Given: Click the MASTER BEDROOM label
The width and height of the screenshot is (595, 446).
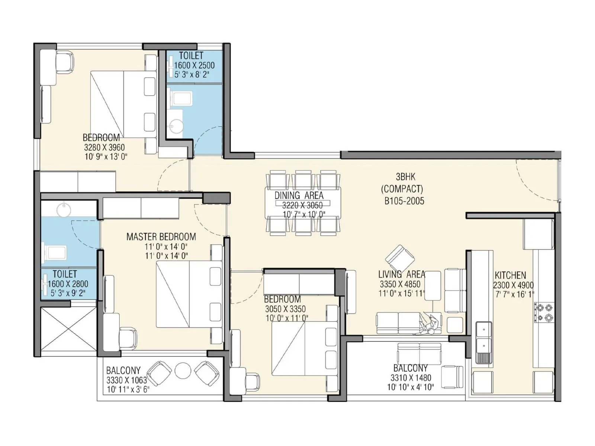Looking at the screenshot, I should (x=161, y=237).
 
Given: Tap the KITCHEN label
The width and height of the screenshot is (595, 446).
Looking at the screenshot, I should (x=510, y=275).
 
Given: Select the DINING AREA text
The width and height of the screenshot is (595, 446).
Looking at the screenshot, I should (x=299, y=195).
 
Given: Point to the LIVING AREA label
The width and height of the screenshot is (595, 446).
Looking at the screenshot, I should (x=401, y=275).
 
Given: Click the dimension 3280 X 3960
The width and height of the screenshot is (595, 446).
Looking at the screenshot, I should (x=104, y=147).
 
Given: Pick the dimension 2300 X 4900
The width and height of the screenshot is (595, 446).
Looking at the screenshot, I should (x=513, y=285).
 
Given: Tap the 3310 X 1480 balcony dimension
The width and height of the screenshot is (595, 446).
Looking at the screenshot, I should (x=411, y=378).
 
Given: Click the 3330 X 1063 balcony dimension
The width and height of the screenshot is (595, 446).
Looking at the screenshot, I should (x=126, y=380).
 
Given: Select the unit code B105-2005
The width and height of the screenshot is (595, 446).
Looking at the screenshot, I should (x=404, y=201).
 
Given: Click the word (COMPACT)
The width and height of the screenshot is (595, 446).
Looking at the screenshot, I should (x=402, y=189).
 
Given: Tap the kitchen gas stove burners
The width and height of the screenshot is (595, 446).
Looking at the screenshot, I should (x=544, y=312).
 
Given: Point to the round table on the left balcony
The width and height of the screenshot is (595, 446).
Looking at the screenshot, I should (x=183, y=370).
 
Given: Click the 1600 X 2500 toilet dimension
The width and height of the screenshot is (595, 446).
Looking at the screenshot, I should (x=194, y=65).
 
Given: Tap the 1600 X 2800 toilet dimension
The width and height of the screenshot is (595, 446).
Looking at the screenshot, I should (x=68, y=284).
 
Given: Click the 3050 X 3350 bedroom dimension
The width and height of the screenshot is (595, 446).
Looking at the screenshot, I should (x=285, y=309).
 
